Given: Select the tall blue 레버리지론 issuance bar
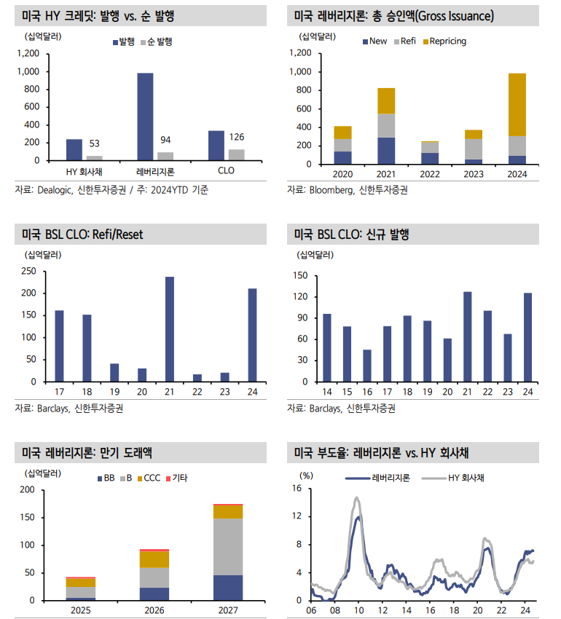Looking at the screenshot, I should pos(145,117).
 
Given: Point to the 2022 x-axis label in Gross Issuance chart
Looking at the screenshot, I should pos(430,175).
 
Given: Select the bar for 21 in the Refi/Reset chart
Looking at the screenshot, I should pos(170,328).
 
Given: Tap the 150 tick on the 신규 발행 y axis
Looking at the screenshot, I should pos(300,275).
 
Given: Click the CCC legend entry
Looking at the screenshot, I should pos(147,478).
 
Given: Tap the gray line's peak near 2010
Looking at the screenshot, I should pos(357,498).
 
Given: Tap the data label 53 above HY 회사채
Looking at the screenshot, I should pos(95,143).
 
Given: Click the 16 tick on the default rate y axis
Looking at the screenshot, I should pos(297,489).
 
